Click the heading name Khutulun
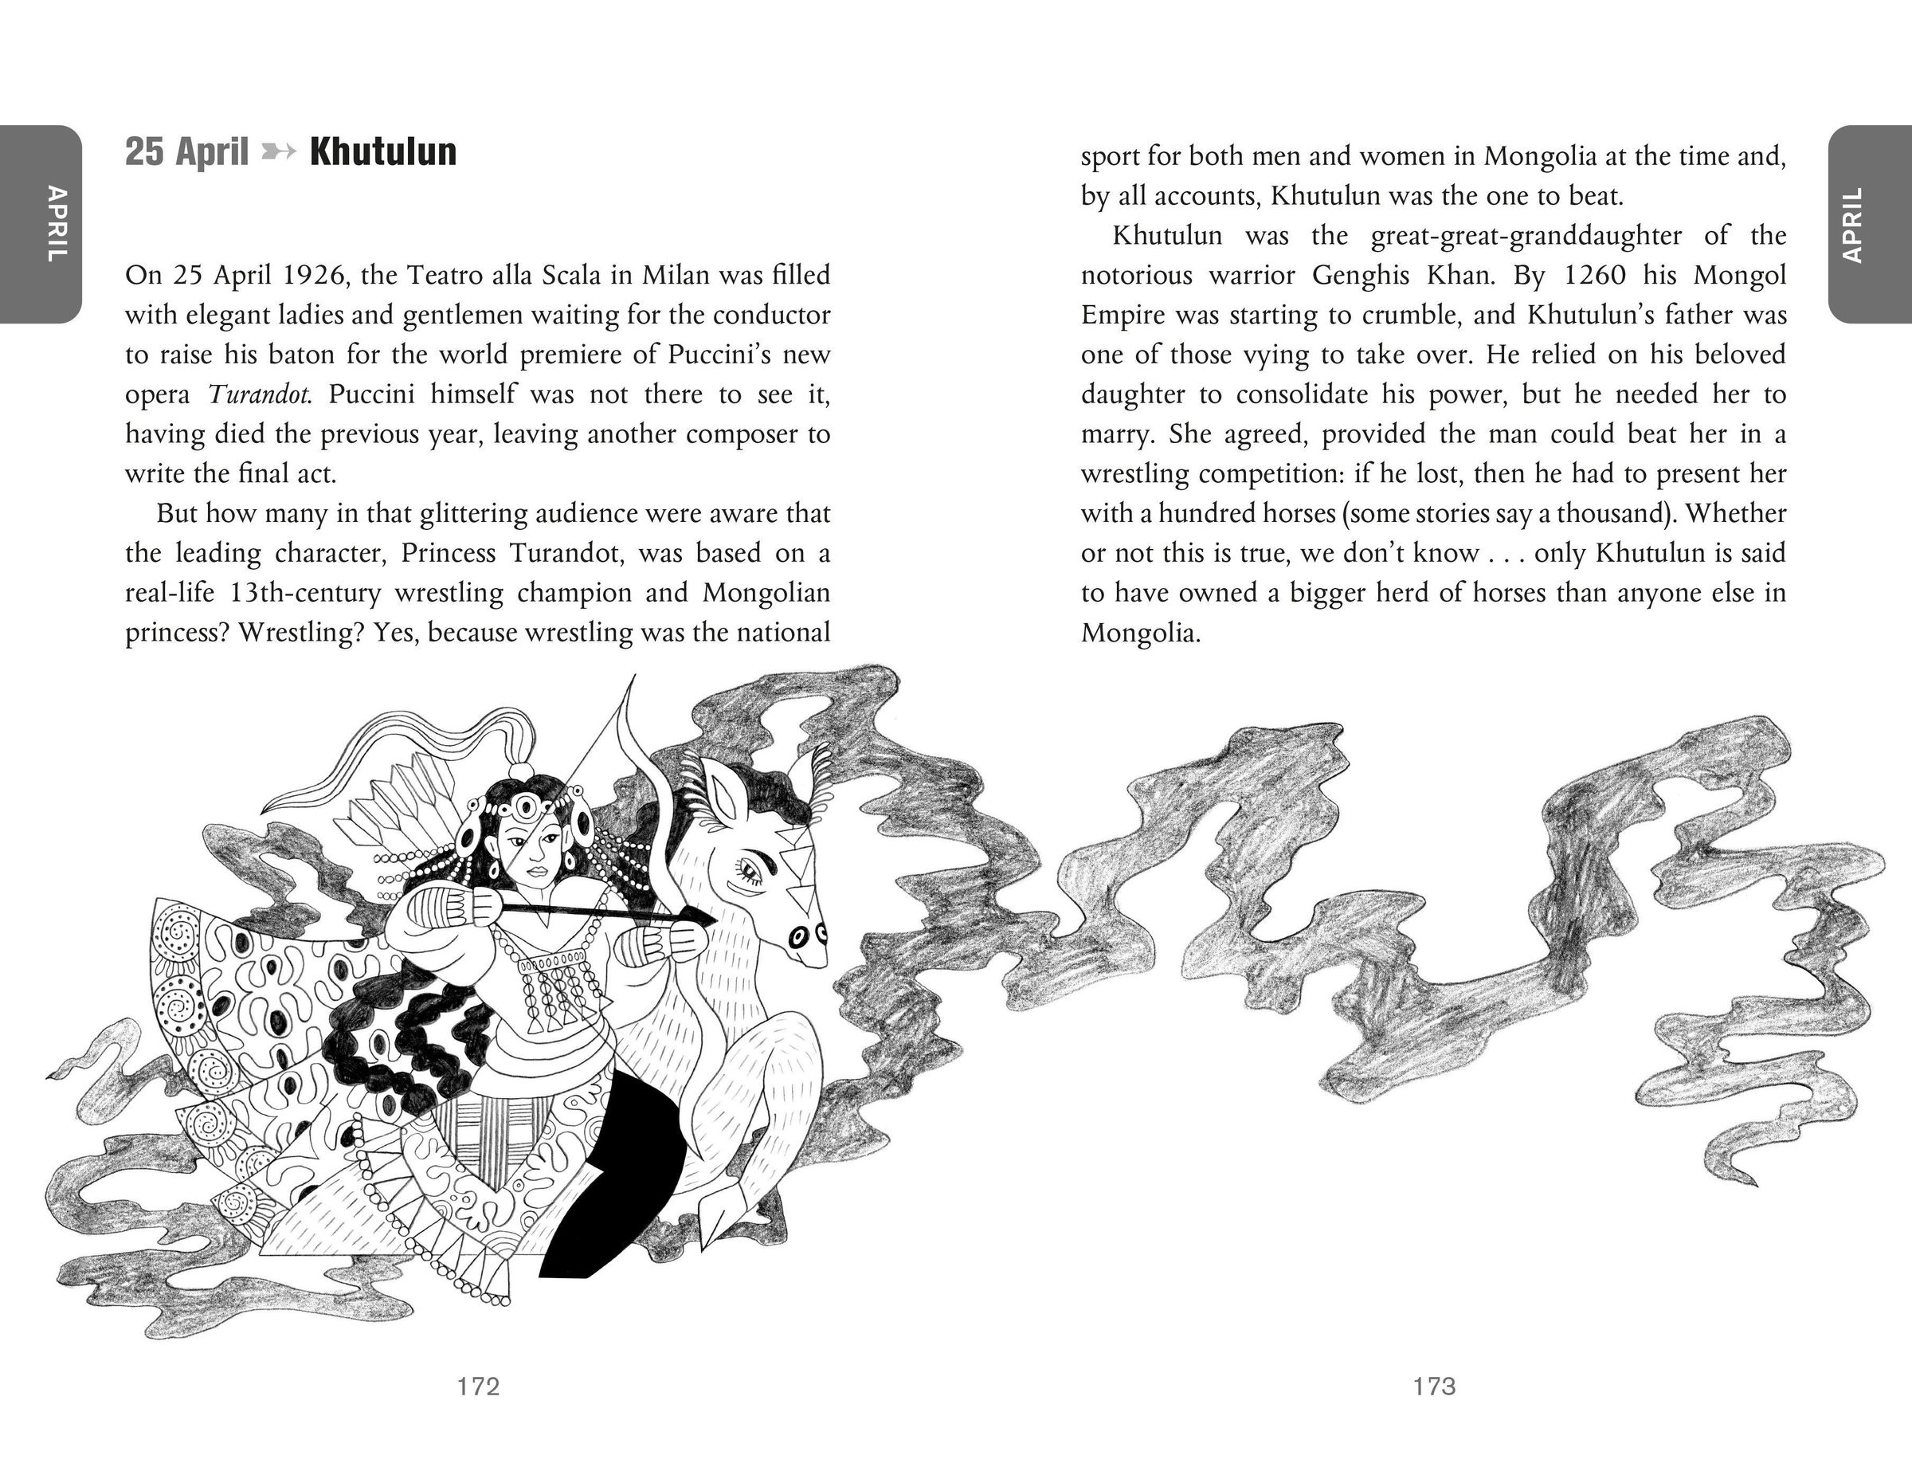click(383, 151)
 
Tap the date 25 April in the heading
click(186, 151)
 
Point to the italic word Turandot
click(260, 394)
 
